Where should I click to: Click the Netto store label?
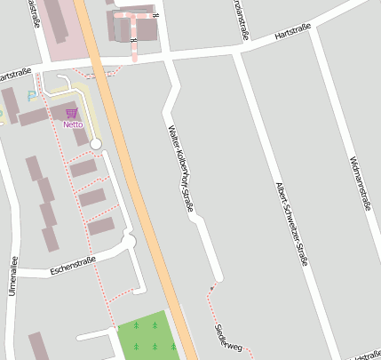click(x=73, y=124)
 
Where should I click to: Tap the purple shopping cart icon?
click(x=71, y=113)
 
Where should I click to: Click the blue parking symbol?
click(x=32, y=94)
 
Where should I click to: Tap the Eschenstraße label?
click(x=73, y=264)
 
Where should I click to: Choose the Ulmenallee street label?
click(x=12, y=276)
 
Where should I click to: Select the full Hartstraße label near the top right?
click(x=294, y=34)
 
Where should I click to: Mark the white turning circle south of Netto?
click(x=96, y=144)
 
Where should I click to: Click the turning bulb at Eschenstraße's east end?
click(x=129, y=241)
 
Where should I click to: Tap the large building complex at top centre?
click(x=133, y=24)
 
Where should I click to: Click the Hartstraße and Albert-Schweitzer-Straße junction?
click(x=237, y=51)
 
